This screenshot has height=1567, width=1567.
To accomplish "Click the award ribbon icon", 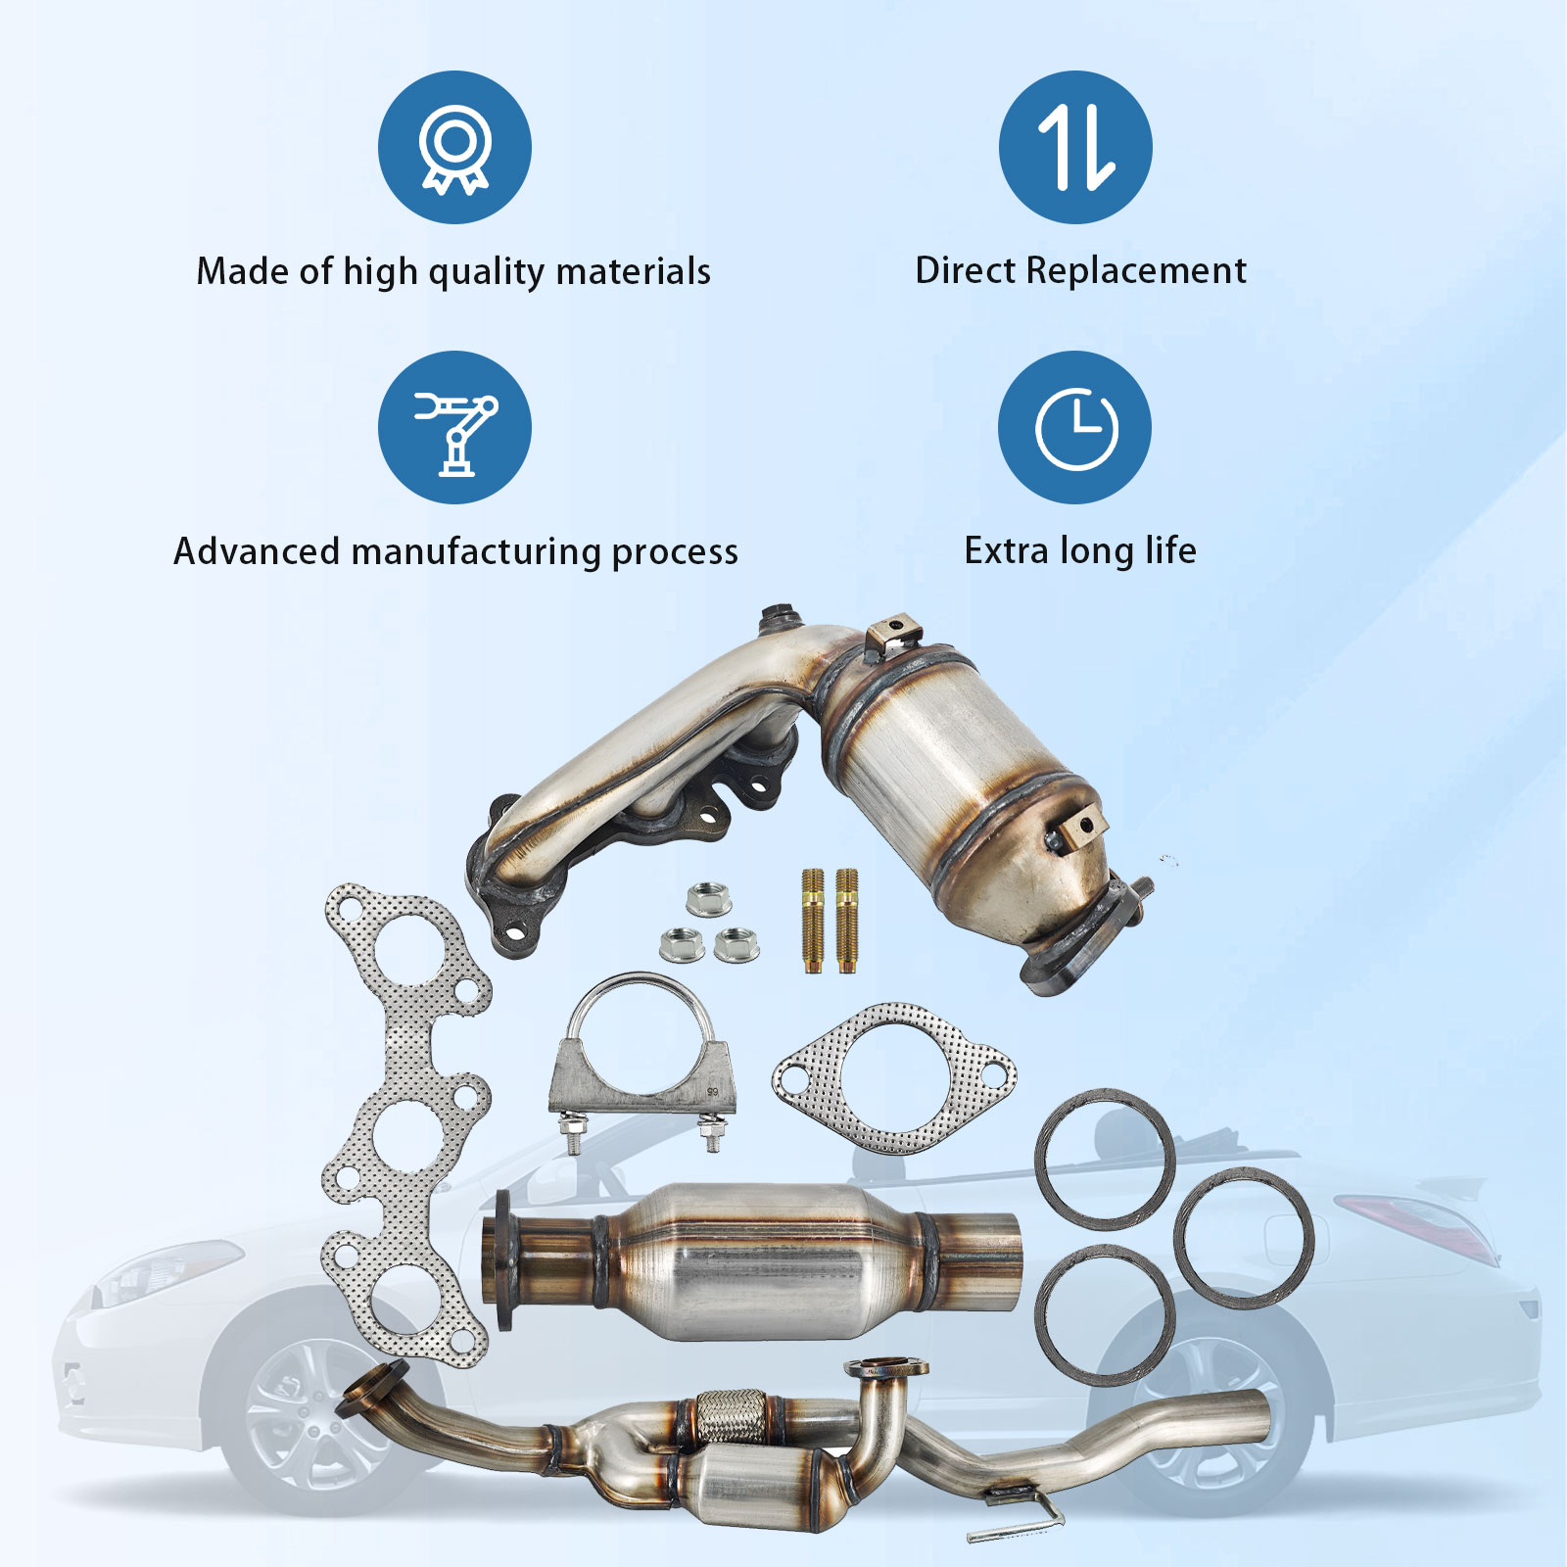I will (454, 148).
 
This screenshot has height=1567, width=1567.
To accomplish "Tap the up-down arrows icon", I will (1075, 148).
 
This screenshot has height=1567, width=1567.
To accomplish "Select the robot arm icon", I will (454, 428).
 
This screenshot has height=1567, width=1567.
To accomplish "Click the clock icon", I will (1075, 428).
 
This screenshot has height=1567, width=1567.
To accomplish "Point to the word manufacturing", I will (478, 552).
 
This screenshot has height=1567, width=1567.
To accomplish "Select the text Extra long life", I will (1079, 550).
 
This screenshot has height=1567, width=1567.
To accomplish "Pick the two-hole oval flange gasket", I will (893, 1077).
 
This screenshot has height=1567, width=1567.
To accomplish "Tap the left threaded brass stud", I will (812, 921).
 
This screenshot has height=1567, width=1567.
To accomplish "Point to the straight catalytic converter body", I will (754, 1260).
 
